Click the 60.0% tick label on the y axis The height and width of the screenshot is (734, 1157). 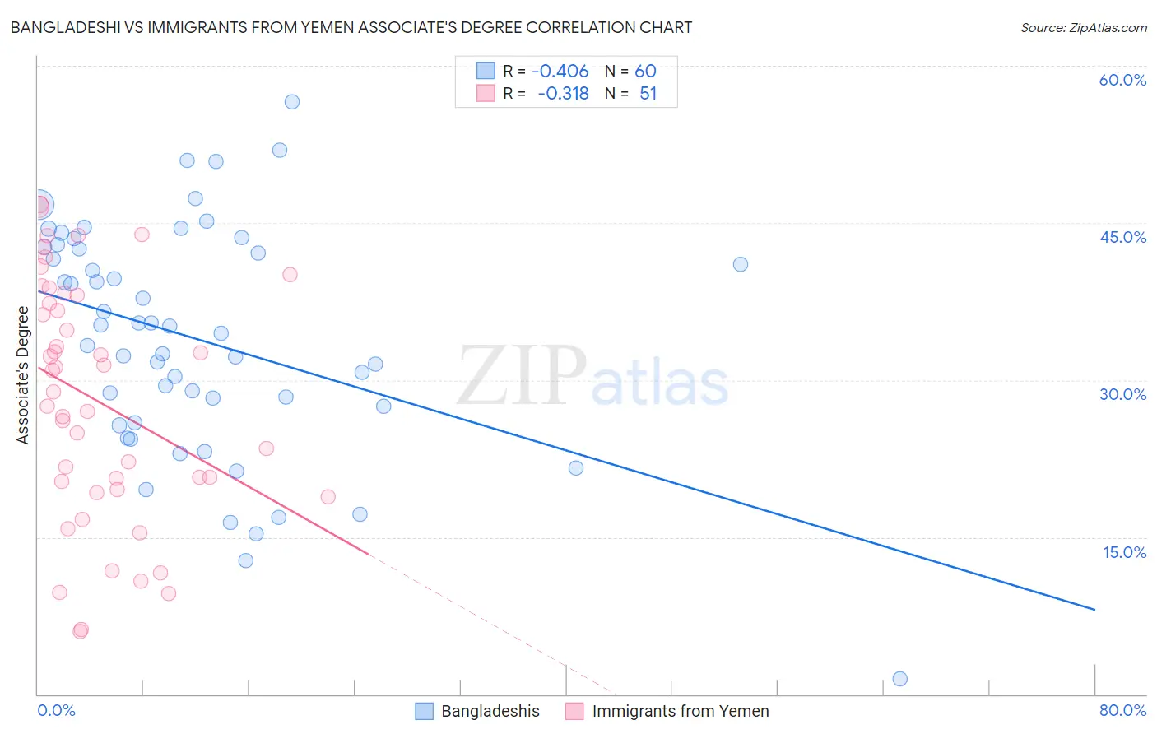1122,80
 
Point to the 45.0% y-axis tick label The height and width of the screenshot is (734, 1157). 1122,237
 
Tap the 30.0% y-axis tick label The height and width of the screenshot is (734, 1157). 1122,394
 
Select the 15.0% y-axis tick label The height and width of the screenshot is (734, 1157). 1124,552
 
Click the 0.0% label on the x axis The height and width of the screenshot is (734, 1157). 56,710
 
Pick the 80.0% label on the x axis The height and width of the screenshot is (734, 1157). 1122,710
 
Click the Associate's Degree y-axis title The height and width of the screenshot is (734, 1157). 23,375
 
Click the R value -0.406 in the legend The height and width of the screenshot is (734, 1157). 560,71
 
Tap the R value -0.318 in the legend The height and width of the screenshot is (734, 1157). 563,94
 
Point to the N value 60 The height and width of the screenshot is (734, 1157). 645,71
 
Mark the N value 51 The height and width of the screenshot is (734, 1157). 648,94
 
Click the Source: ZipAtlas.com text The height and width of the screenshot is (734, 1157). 1083,28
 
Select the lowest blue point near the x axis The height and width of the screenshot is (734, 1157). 899,679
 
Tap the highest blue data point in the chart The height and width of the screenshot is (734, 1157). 291,102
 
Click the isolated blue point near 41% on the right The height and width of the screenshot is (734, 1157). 741,264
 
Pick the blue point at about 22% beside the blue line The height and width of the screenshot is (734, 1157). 576,468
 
